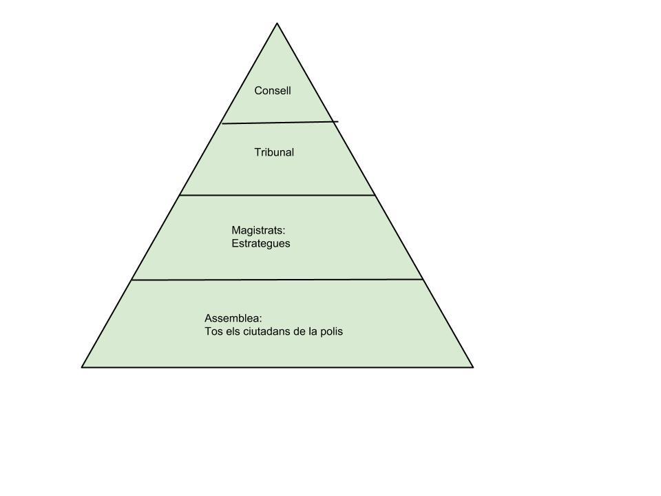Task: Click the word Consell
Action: [x=273, y=90]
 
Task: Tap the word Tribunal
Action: [x=274, y=152]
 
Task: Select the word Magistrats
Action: [x=257, y=230]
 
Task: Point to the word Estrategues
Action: [x=261, y=243]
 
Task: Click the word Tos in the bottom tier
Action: [x=213, y=331]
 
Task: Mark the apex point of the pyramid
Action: [x=277, y=23]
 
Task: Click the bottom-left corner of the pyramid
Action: [x=82, y=367]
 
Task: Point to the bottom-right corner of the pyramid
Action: [x=473, y=367]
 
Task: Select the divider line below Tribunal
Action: [x=277, y=195]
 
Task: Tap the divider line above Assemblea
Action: [x=277, y=280]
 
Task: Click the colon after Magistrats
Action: [x=283, y=231]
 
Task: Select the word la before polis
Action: [x=313, y=331]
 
